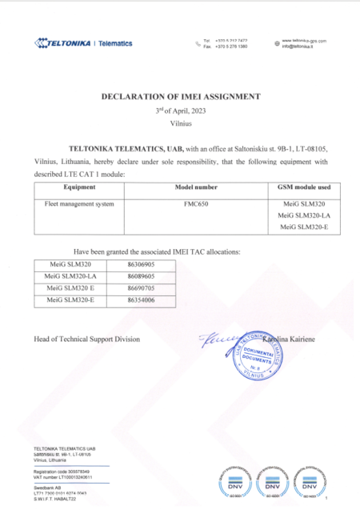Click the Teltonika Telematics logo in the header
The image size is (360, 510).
[82, 43]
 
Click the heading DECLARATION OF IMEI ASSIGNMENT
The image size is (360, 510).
[180, 96]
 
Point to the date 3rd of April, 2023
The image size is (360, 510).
[180, 110]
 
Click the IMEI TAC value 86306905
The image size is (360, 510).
[142, 263]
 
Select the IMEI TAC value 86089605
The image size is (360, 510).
[142, 275]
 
